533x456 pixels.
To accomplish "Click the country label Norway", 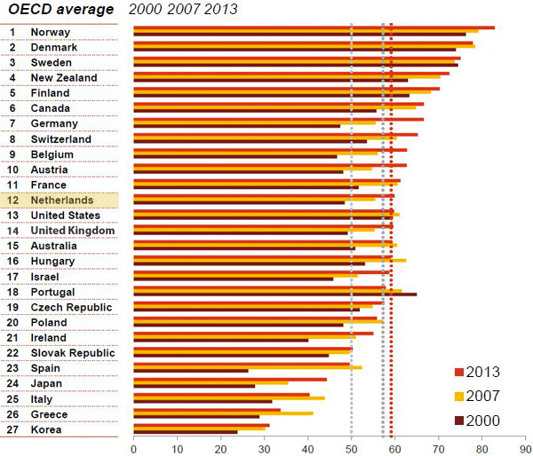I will pyautogui.click(x=51, y=33).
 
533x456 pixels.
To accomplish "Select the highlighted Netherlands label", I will pyautogui.click(x=61, y=200).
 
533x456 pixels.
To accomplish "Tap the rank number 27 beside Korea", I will pyautogui.click(x=13, y=429).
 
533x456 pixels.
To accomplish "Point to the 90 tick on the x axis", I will pyautogui.click(x=525, y=448).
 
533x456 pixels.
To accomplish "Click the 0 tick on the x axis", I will pyautogui.click(x=133, y=448).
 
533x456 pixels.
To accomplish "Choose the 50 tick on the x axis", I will pyautogui.click(x=351, y=448).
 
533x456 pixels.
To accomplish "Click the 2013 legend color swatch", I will pyautogui.click(x=458, y=371).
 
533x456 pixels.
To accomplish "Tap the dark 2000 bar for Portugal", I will pyautogui.click(x=274, y=294).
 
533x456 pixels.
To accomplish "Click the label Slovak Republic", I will pyautogui.click(x=73, y=353).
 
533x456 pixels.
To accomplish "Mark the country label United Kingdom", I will pyautogui.click(x=73, y=231).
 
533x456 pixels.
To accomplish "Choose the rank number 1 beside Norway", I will pyautogui.click(x=13, y=33).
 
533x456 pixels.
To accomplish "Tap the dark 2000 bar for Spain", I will pyautogui.click(x=190, y=371).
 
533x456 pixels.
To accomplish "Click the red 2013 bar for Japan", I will pyautogui.click(x=230, y=379).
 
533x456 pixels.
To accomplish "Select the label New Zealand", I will pyautogui.click(x=65, y=78).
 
